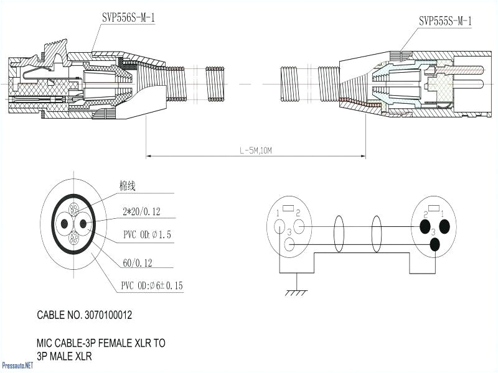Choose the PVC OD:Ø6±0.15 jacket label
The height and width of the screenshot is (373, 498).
click(152, 285)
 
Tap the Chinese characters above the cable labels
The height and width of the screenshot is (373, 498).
click(127, 186)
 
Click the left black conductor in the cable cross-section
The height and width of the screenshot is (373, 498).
click(64, 224)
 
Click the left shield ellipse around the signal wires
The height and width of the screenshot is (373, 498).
click(339, 234)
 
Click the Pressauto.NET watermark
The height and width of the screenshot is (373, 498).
click(17, 366)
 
